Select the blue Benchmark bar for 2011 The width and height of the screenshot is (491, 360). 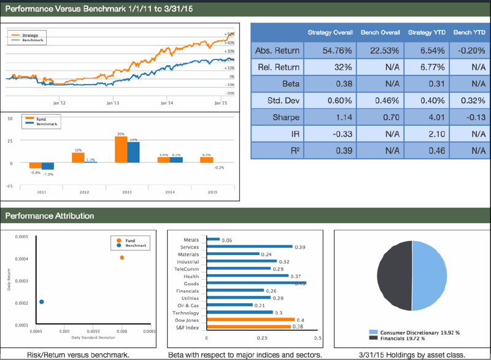coord(48,166)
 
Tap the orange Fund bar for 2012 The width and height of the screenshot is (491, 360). coord(78,158)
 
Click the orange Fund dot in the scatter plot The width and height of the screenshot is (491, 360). coord(122,258)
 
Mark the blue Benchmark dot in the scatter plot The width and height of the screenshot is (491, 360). coord(42,302)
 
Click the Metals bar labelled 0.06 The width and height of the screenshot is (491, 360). coord(214,239)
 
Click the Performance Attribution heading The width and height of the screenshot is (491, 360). coord(50,215)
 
